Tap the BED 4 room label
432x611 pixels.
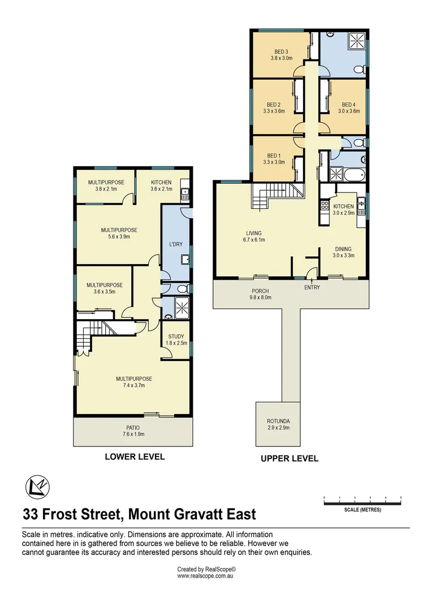(x=349, y=105)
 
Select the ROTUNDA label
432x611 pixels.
(x=278, y=421)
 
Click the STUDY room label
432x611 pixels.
(x=176, y=337)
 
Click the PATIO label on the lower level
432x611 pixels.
(x=133, y=427)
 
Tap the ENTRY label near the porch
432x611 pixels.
(x=312, y=287)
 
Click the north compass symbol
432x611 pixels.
(x=37, y=486)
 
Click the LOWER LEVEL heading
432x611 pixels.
(x=135, y=457)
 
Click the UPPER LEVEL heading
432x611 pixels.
(x=289, y=458)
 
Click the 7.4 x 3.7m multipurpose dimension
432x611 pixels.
(x=134, y=386)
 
